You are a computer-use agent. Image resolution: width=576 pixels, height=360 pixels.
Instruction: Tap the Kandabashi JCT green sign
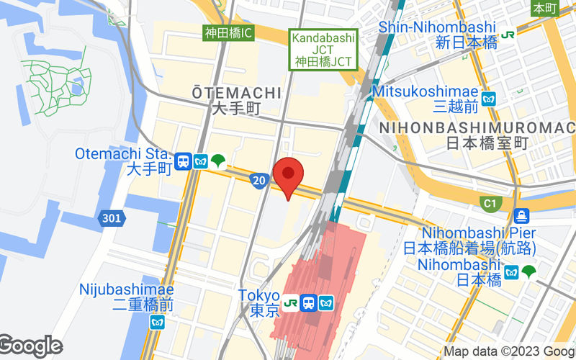coord(323,50)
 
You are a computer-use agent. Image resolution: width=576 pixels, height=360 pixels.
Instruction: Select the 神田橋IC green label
coord(228,32)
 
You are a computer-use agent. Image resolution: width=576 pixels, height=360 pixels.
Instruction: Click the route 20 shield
coord(259,179)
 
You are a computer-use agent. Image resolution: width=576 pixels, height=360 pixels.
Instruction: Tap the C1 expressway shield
coord(490,204)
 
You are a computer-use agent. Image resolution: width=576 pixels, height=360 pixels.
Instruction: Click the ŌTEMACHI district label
coord(236,100)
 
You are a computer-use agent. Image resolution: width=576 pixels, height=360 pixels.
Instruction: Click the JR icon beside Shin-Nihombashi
coord(508,34)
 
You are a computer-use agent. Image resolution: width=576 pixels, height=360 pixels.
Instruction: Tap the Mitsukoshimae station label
coord(426,99)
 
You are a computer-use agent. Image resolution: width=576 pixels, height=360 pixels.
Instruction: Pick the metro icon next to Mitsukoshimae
coord(490,99)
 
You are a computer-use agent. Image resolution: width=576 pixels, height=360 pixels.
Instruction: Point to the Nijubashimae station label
coord(127,297)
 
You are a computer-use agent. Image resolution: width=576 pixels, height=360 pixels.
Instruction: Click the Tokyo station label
coord(259,302)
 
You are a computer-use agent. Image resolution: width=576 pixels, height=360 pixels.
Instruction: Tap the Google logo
coord(30,346)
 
